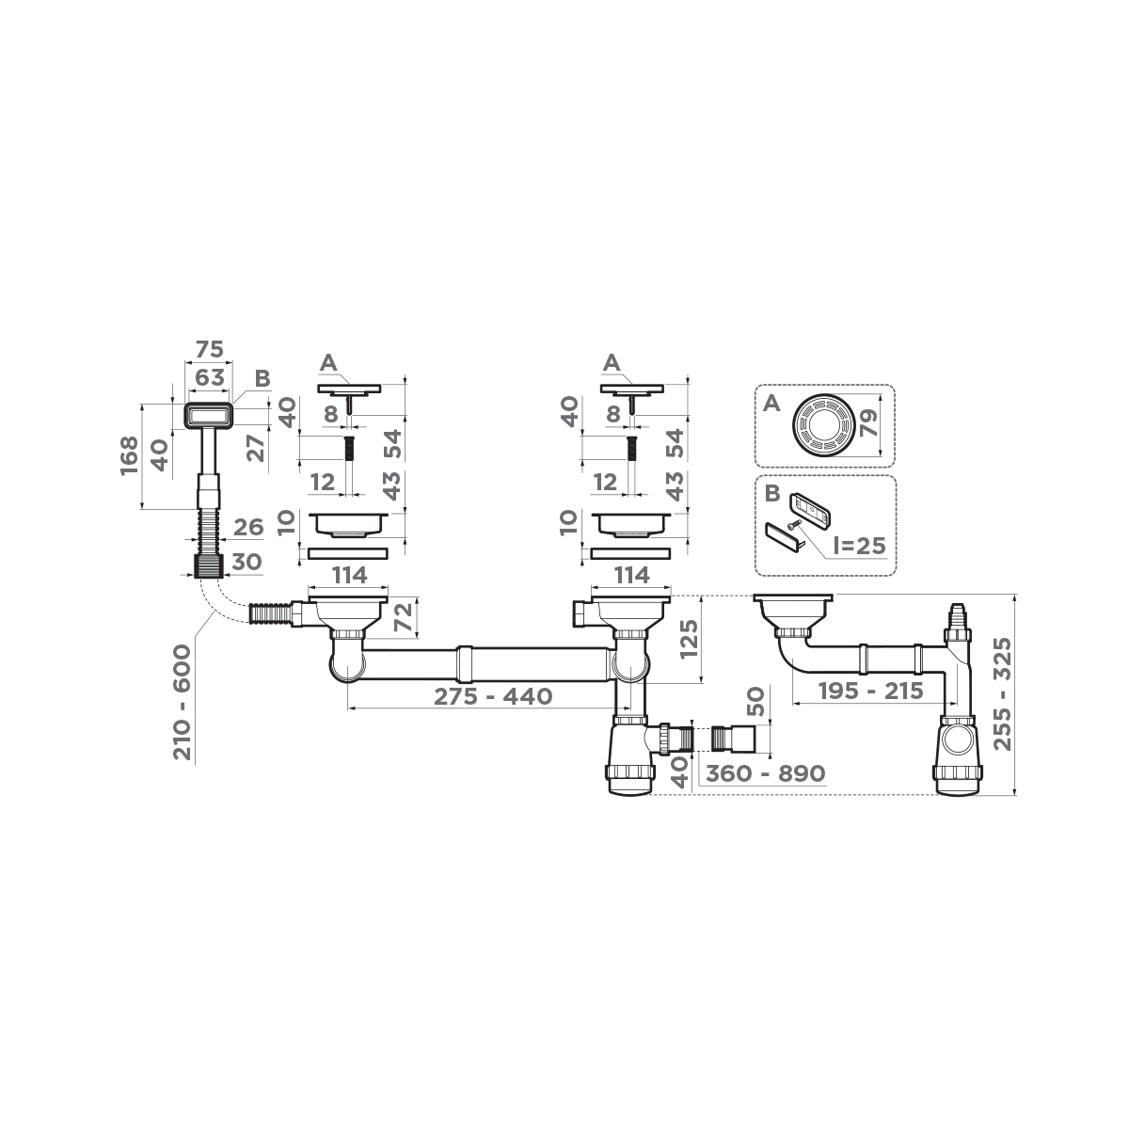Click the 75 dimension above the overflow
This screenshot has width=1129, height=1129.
point(209,349)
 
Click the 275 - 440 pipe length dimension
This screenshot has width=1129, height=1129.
point(493,697)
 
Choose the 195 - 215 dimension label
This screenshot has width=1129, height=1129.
point(869,692)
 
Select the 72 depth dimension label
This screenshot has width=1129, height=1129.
point(402,618)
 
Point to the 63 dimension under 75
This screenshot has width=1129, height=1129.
point(209,377)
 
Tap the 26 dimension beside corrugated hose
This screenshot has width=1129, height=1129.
point(247,527)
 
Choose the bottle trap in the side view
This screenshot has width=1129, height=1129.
point(960,753)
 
